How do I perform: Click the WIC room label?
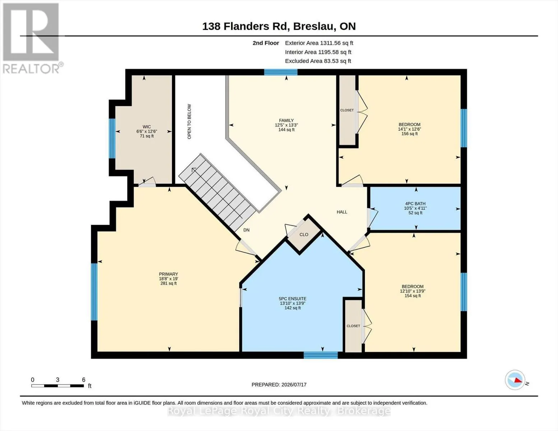[147, 127]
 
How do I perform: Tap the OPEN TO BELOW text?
[189, 121]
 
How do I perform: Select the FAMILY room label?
[286, 120]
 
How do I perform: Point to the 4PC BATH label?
[415, 204]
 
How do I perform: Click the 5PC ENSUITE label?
[292, 299]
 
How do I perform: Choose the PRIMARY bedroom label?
[169, 274]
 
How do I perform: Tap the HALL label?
[342, 212]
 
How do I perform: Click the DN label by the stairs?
[246, 230]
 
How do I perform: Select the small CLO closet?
[304, 235]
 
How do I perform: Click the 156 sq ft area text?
[410, 134]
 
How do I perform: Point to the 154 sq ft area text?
[412, 296]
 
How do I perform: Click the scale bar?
[58, 386]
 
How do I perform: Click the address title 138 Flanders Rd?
[246, 27]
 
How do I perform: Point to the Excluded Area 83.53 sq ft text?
[318, 61]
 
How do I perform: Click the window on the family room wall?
[281, 72]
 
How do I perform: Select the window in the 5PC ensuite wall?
[320, 355]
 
